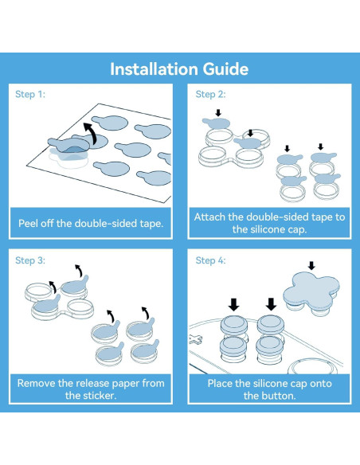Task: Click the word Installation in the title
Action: (x=154, y=69)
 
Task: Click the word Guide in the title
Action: (x=225, y=69)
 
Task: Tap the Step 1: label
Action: (x=30, y=94)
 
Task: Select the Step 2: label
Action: (x=210, y=94)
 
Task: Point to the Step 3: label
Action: (x=30, y=260)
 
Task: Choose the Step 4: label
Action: (x=210, y=260)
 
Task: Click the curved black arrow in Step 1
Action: (x=91, y=133)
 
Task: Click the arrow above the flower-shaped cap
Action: (x=311, y=265)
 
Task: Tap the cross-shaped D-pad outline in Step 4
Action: (x=195, y=339)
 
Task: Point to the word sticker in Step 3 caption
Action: (x=100, y=395)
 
